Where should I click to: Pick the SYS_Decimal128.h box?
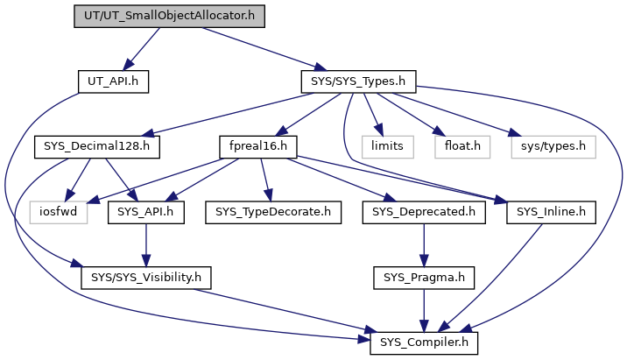tap(95, 146)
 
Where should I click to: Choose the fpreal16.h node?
tap(259, 146)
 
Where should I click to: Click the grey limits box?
tap(386, 146)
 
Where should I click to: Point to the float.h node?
tap(458, 146)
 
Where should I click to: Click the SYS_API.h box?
tap(146, 211)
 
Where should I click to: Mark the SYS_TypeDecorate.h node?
tap(268, 211)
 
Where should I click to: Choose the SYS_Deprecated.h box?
tap(422, 211)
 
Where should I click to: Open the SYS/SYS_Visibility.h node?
tap(146, 277)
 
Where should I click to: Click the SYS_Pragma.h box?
tap(422, 277)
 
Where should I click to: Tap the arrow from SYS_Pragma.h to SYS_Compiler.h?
tap(422, 309)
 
